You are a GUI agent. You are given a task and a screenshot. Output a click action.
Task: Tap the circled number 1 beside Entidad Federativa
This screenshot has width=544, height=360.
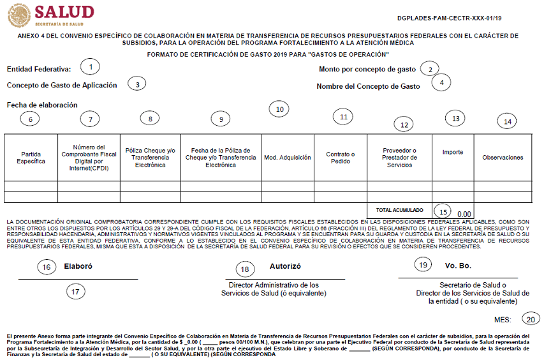point(91,66)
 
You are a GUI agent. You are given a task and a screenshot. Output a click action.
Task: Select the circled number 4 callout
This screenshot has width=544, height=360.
point(441,82)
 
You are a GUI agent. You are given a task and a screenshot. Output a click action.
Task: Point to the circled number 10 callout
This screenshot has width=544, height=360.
point(279,109)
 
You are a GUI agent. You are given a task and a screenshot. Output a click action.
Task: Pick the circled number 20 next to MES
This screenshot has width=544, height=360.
point(531,319)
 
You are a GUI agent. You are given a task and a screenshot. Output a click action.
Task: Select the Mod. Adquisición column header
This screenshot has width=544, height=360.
point(287,157)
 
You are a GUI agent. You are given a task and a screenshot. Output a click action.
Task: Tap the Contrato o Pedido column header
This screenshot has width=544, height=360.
point(340,158)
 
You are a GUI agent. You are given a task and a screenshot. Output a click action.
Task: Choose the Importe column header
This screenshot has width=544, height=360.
point(453,152)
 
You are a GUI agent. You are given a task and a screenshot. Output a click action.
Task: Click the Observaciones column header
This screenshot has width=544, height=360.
point(503,157)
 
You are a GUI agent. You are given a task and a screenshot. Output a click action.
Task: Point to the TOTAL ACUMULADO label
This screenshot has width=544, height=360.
point(399,209)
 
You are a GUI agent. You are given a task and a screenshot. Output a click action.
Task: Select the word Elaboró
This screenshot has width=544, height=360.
point(78,267)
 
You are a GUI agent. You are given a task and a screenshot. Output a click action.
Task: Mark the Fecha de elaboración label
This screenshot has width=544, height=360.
point(42,105)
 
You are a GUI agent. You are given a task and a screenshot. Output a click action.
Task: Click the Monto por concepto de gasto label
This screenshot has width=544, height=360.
point(367,69)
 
